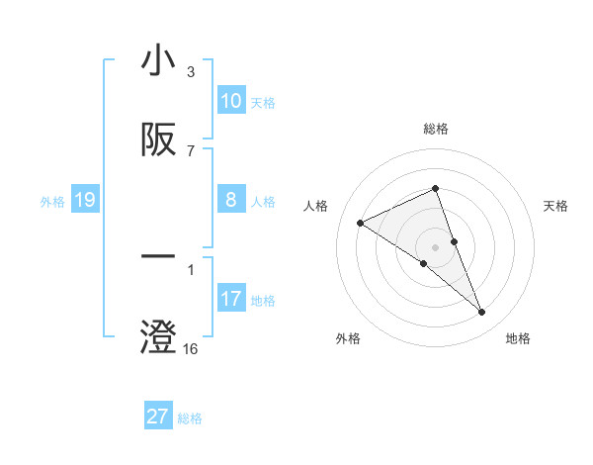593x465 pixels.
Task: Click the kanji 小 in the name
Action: tap(158, 60)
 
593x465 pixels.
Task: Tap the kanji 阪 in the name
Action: tap(158, 141)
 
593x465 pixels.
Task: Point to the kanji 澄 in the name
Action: tap(158, 337)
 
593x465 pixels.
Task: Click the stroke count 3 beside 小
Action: tap(191, 72)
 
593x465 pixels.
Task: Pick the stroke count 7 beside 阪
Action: tap(191, 151)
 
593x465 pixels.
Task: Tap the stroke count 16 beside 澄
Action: tap(191, 349)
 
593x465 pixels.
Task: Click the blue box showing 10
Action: tap(231, 101)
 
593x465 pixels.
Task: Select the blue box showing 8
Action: tap(231, 200)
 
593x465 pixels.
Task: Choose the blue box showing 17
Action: tap(231, 299)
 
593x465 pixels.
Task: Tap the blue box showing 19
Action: tap(85, 201)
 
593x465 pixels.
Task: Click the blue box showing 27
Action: tap(158, 417)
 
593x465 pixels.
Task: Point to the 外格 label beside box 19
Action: tap(53, 202)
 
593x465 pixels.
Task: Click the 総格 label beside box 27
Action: tap(190, 418)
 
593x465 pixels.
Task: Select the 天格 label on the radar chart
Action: tap(556, 206)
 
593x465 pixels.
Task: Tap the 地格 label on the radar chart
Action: tap(518, 339)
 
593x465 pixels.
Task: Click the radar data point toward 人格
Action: tap(361, 223)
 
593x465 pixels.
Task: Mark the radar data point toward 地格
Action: tap(481, 312)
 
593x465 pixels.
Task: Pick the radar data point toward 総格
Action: tap(435, 189)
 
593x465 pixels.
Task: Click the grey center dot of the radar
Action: tap(435, 246)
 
